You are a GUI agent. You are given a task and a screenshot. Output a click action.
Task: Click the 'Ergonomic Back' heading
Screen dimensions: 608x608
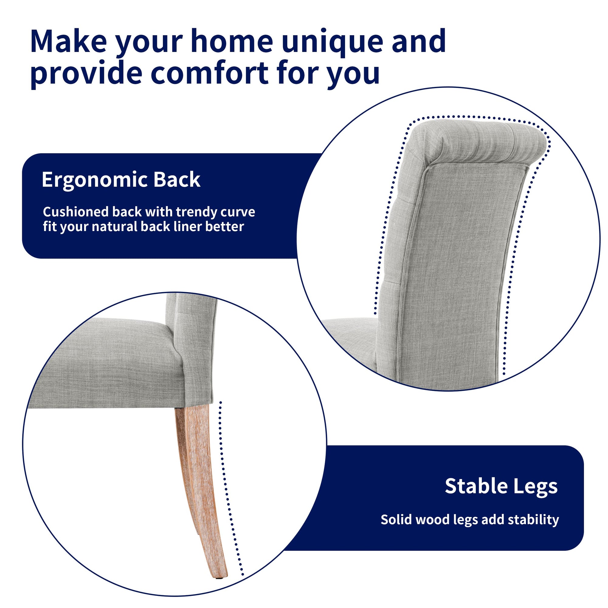tap(121, 180)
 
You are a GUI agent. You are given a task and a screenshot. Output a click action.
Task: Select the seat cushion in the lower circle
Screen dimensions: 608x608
tap(107, 362)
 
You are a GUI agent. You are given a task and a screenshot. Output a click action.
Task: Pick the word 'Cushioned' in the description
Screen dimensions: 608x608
tap(77, 212)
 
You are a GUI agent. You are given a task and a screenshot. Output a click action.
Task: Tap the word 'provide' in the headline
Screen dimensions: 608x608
tap(87, 74)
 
